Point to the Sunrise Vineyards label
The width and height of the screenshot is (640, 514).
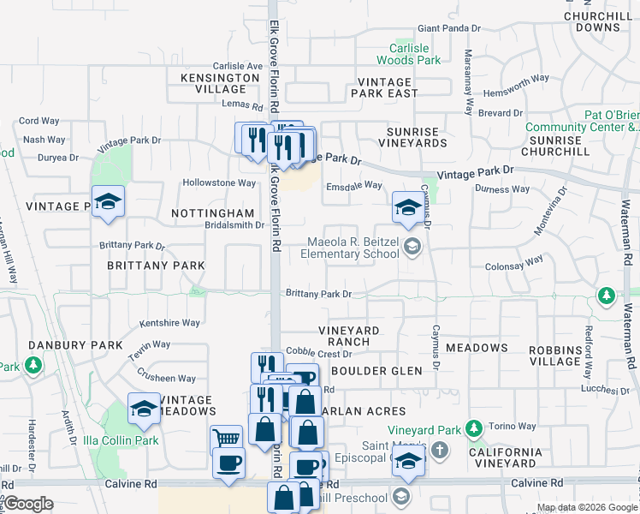click(x=412, y=137)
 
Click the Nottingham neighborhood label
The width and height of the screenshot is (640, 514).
click(x=213, y=212)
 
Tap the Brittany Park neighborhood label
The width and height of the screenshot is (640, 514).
click(x=156, y=266)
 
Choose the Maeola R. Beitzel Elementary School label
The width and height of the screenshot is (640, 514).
click(x=354, y=248)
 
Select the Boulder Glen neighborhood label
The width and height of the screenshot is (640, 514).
click(x=376, y=371)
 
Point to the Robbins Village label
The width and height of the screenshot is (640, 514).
click(x=555, y=356)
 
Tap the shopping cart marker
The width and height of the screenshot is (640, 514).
click(x=226, y=439)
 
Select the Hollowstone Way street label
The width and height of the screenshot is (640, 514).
click(x=218, y=182)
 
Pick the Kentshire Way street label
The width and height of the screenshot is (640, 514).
click(x=169, y=323)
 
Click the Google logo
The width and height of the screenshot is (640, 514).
click(x=29, y=505)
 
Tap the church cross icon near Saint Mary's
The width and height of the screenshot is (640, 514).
click(x=439, y=450)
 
